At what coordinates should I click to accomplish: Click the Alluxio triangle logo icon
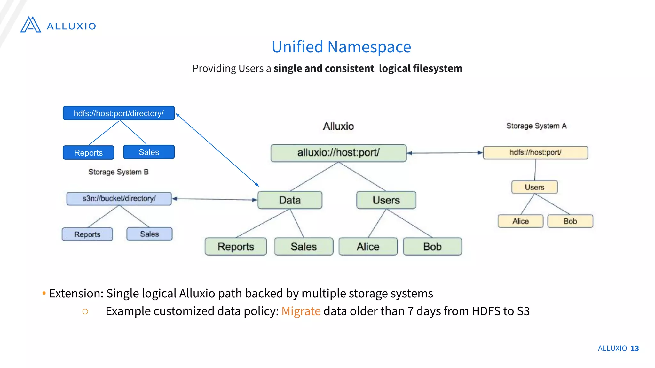click(x=31, y=25)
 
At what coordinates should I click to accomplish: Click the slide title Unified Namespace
click(x=341, y=47)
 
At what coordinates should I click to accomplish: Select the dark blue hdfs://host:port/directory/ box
click(x=119, y=113)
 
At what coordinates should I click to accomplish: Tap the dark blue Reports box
click(x=88, y=153)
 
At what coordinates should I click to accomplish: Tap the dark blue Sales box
click(x=149, y=152)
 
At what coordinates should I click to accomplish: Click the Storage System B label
click(x=118, y=172)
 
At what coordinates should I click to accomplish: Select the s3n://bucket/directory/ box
click(x=119, y=199)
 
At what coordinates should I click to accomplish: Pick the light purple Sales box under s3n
click(x=149, y=234)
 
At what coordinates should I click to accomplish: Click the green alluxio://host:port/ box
click(x=338, y=153)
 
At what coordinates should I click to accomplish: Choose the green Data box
click(x=290, y=200)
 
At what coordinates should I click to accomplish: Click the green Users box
click(x=386, y=200)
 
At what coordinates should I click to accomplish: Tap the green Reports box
click(x=236, y=247)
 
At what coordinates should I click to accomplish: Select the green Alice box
click(x=368, y=247)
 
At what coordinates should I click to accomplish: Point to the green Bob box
click(x=432, y=247)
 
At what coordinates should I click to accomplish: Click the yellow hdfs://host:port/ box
click(x=535, y=153)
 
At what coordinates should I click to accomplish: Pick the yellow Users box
click(x=534, y=187)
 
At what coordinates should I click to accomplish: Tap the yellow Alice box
click(x=520, y=221)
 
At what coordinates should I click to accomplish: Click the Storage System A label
click(x=536, y=126)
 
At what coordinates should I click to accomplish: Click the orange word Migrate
click(x=301, y=311)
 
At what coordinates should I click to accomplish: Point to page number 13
click(x=635, y=348)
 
